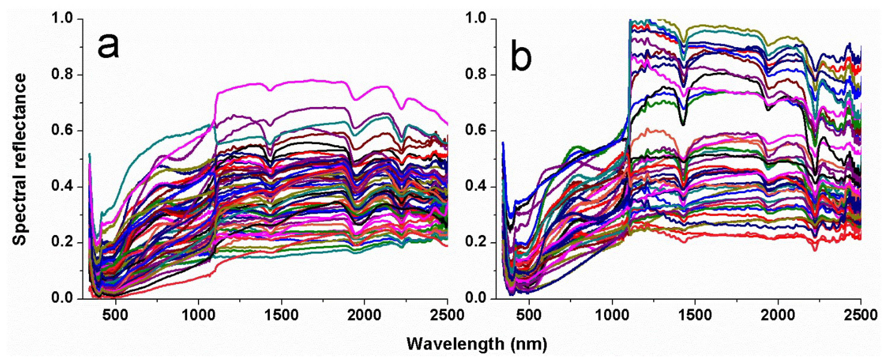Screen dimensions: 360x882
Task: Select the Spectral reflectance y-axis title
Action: (20, 159)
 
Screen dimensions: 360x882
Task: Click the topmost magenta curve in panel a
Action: (308, 81)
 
